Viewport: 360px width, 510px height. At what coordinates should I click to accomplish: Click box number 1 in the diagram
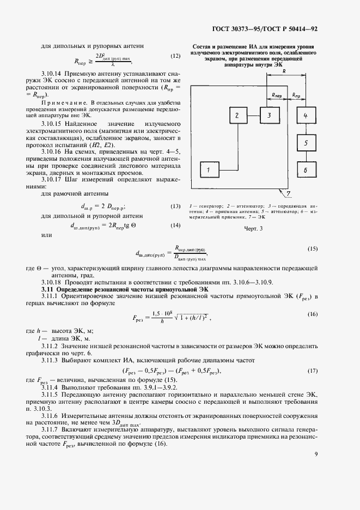(x=209, y=171)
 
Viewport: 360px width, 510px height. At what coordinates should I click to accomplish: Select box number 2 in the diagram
(x=237, y=116)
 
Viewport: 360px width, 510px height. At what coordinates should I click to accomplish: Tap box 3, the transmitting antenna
(x=269, y=116)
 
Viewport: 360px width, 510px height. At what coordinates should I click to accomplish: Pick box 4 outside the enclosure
(x=306, y=116)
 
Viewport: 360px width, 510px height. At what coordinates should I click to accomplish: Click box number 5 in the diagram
(x=306, y=143)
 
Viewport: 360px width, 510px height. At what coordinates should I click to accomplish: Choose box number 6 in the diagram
(x=306, y=171)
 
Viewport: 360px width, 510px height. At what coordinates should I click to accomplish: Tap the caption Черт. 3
(x=253, y=229)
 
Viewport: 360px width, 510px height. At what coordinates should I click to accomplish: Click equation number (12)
(x=175, y=56)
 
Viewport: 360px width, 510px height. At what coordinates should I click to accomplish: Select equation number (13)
(x=175, y=206)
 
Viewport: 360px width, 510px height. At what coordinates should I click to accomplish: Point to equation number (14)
(x=175, y=225)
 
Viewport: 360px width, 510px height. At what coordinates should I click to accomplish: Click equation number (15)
(x=312, y=249)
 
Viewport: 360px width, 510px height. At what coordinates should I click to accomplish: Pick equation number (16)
(x=312, y=315)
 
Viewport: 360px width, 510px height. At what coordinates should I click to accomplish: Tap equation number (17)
(x=312, y=371)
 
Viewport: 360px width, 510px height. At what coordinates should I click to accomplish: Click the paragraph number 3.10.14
(x=53, y=73)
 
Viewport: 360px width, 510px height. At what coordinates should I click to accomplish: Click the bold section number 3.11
(x=48, y=289)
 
